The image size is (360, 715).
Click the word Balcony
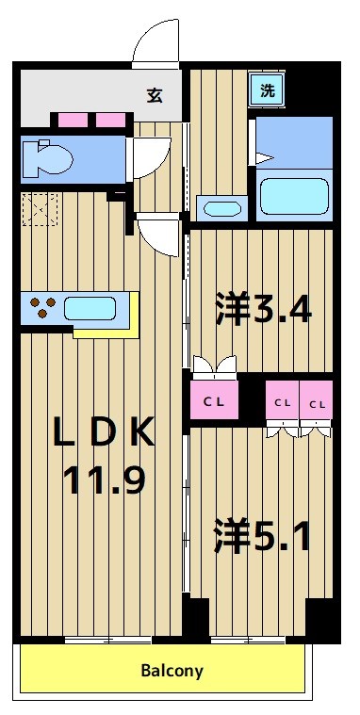(172, 671)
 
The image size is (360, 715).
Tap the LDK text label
(104, 433)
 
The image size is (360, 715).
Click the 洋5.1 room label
(265, 536)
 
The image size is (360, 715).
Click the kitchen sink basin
(90, 308)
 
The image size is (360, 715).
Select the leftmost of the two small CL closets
(282, 402)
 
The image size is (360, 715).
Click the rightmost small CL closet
(317, 402)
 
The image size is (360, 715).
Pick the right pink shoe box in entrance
(111, 121)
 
